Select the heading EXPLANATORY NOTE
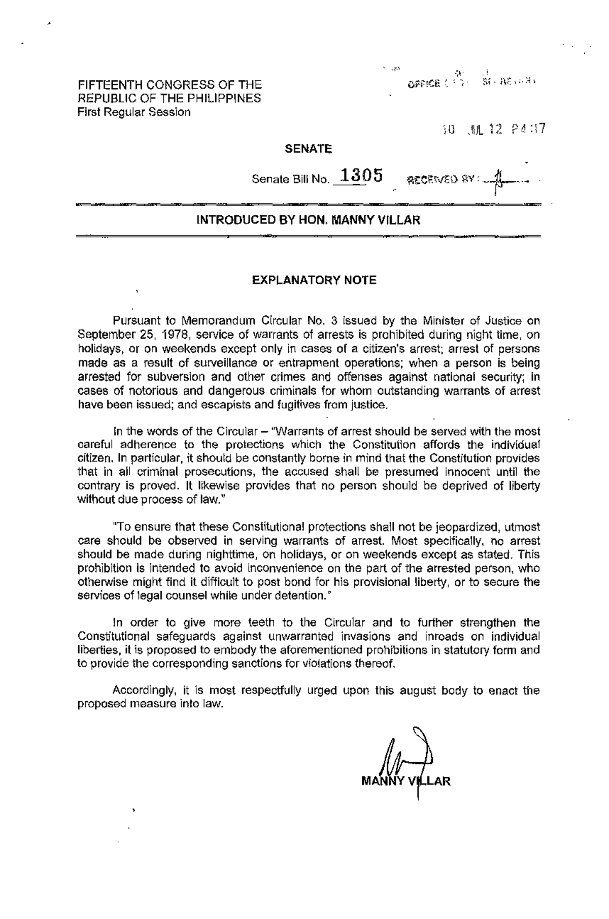[315, 280]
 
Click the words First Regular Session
[134, 112]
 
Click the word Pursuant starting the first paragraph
[133, 321]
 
